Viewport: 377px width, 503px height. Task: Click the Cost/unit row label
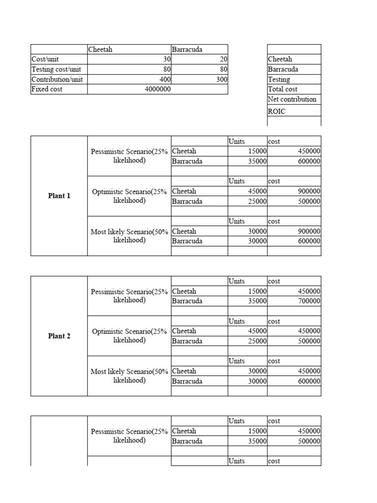click(x=45, y=59)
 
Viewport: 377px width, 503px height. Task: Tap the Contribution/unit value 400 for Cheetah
click(x=165, y=80)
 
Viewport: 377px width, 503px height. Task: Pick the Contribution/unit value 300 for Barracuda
click(x=222, y=80)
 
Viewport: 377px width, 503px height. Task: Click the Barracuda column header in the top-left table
click(x=187, y=50)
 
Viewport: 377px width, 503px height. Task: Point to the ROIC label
click(x=276, y=112)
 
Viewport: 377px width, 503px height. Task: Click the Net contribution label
click(x=292, y=99)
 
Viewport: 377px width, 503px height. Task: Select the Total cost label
click(x=283, y=89)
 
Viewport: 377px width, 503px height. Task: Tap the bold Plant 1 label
click(x=59, y=196)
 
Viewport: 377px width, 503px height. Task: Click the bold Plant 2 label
click(x=59, y=336)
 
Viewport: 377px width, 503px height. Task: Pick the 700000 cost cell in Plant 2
click(x=309, y=301)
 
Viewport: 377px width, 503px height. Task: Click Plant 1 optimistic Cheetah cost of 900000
click(x=309, y=192)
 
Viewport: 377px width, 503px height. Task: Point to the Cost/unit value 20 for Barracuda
click(x=223, y=59)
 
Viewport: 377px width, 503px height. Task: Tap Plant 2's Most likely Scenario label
click(x=130, y=376)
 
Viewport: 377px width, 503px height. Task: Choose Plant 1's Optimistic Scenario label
click(x=130, y=196)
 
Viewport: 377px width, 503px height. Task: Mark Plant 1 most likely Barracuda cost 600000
click(x=309, y=241)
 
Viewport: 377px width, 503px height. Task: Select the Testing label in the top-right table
click(x=279, y=80)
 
